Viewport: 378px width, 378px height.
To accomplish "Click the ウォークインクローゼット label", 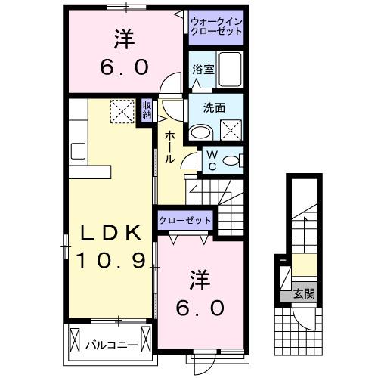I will [216, 27].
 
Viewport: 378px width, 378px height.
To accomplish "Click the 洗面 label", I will [214, 108].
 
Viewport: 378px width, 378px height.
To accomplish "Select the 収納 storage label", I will [147, 110].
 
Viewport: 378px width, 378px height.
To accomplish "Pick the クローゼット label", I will [185, 220].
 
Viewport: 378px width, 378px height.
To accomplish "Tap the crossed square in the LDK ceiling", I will [121, 111].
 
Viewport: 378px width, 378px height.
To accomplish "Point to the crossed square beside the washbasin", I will [233, 130].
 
